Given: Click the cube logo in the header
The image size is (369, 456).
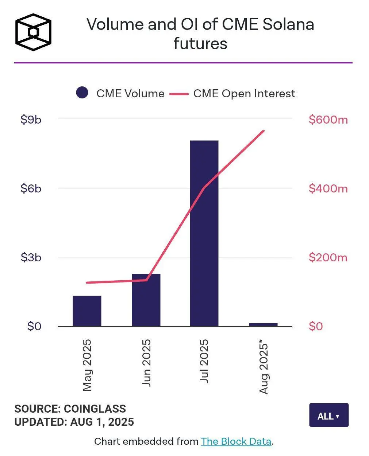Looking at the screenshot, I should click(33, 32).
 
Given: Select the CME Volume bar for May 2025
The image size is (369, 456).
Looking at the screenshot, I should click(87, 311).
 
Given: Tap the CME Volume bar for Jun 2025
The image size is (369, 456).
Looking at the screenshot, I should click(146, 300).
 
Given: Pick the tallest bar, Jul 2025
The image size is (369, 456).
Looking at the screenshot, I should click(204, 233).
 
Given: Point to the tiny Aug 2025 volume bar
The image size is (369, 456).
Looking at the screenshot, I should click(263, 324).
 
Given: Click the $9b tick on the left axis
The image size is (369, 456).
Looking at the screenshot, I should click(31, 120).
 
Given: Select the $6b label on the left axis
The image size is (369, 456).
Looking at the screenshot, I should click(31, 188).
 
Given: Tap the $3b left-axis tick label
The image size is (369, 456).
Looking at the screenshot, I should click(31, 257).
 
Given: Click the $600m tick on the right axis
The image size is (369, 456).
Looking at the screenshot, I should click(328, 120).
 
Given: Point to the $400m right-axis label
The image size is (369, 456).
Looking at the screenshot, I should click(328, 188).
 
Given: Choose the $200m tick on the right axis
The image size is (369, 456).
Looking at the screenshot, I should click(328, 257).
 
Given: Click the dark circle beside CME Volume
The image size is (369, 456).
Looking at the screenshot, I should click(82, 93).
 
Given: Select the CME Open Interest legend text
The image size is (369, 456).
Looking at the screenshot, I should click(244, 94).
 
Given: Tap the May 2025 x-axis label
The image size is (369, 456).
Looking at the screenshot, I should click(87, 365).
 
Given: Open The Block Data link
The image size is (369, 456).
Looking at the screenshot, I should click(236, 441).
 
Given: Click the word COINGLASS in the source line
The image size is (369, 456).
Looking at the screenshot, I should click(95, 409).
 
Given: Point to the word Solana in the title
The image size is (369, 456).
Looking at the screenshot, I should click(288, 24).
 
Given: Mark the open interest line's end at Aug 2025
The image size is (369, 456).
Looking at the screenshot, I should click(264, 130).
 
